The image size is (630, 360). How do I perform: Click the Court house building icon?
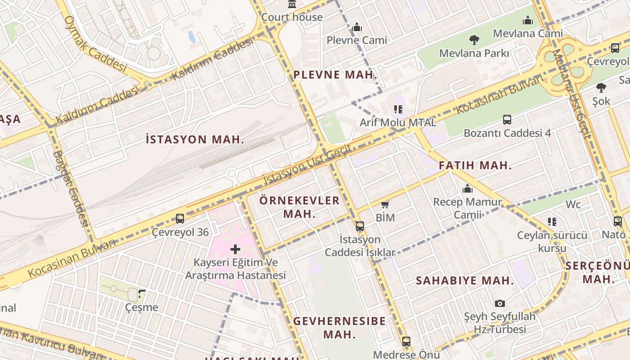(292, 4)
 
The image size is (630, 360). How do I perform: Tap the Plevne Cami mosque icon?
(357, 27)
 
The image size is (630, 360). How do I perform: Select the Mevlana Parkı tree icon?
(474, 40)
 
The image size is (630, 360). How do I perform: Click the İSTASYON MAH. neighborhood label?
(195, 139)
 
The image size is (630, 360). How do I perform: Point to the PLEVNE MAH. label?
(335, 75)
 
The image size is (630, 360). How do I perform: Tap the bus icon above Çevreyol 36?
(180, 219)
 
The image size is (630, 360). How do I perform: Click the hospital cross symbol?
(235, 249)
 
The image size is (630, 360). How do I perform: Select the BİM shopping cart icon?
(385, 205)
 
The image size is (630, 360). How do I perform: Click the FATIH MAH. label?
(475, 165)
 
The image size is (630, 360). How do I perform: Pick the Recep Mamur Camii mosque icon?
(468, 189)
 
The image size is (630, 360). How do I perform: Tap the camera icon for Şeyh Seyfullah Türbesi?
(499, 304)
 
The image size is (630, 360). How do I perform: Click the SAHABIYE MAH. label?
(465, 281)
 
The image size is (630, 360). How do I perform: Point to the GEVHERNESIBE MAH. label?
(339, 328)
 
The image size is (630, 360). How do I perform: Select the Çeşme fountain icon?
(142, 295)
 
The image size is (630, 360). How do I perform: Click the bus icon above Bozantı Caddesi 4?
(507, 120)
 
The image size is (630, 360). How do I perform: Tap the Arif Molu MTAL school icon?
(398, 109)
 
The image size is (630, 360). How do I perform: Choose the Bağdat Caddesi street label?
(70, 187)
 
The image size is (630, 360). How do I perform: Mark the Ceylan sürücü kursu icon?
(552, 221)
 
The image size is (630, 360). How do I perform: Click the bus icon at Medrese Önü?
(406, 342)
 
